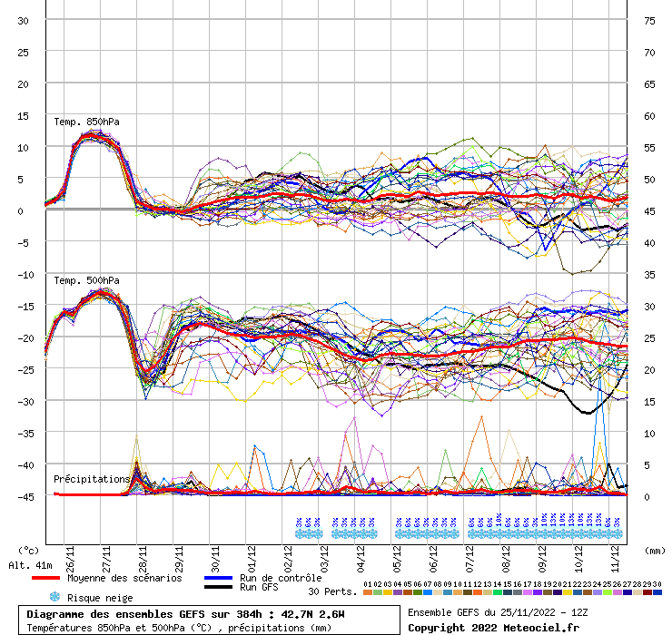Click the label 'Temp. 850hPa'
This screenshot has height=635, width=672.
pos(86,122)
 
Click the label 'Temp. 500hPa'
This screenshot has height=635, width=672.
pos(86,280)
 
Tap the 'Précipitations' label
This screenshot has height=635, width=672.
pos(92,478)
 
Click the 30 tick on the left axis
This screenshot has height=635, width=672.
pos(24,20)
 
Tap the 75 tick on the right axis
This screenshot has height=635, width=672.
pos(649,20)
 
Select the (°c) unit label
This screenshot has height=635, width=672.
pos(28,550)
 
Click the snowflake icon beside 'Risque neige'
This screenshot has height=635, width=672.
pos(54,598)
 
